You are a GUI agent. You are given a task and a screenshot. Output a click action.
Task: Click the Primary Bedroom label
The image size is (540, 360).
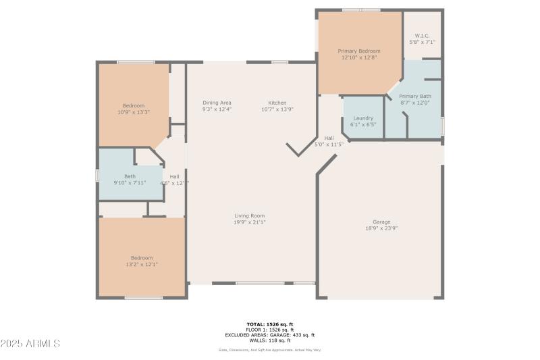pyautogui.click(x=359, y=51)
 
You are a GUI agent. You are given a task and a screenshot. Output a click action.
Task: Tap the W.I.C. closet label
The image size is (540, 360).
pyautogui.click(x=422, y=36)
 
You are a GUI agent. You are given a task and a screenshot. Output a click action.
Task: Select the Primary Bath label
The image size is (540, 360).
pyautogui.click(x=415, y=97)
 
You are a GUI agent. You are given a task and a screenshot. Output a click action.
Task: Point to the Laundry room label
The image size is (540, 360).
pyautogui.click(x=363, y=118)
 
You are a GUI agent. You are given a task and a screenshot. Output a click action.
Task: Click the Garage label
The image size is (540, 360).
pyautogui.click(x=381, y=222)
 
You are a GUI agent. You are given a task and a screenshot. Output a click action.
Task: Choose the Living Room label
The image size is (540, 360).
pyautogui.click(x=250, y=216)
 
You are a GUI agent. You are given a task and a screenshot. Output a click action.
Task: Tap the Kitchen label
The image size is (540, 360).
pyautogui.click(x=277, y=103)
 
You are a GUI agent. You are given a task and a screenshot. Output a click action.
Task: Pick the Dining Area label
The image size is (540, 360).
pyautogui.click(x=217, y=103)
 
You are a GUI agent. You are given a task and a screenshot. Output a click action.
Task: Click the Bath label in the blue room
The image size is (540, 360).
pyautogui.click(x=130, y=176)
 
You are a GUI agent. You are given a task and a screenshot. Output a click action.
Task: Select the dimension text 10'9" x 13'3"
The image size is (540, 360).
pyautogui.click(x=133, y=112)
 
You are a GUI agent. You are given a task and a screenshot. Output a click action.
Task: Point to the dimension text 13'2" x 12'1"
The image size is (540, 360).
pyautogui.click(x=142, y=264)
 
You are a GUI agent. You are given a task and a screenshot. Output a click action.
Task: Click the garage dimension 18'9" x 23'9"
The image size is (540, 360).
pyautogui.click(x=381, y=228)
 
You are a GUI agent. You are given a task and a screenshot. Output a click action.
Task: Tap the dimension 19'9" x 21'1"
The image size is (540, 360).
pyautogui.click(x=250, y=222)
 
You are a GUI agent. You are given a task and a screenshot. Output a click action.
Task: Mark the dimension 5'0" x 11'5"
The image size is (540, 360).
pyautogui.click(x=329, y=144)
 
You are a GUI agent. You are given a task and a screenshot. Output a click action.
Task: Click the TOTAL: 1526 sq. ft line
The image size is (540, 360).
pyautogui.click(x=270, y=324)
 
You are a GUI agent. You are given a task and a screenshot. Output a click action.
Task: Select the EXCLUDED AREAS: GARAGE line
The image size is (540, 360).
pyautogui.click(x=270, y=335)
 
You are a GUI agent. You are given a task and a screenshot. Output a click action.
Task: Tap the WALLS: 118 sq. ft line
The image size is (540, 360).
pyautogui.click(x=270, y=340)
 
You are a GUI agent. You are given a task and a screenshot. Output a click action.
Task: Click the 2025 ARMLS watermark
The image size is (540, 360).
pyautogui.click(x=30, y=344)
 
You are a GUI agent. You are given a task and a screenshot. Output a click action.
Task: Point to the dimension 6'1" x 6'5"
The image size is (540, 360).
pyautogui.click(x=363, y=124)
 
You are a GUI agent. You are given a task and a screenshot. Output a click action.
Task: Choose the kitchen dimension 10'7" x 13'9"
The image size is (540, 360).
pyautogui.click(x=277, y=109)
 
